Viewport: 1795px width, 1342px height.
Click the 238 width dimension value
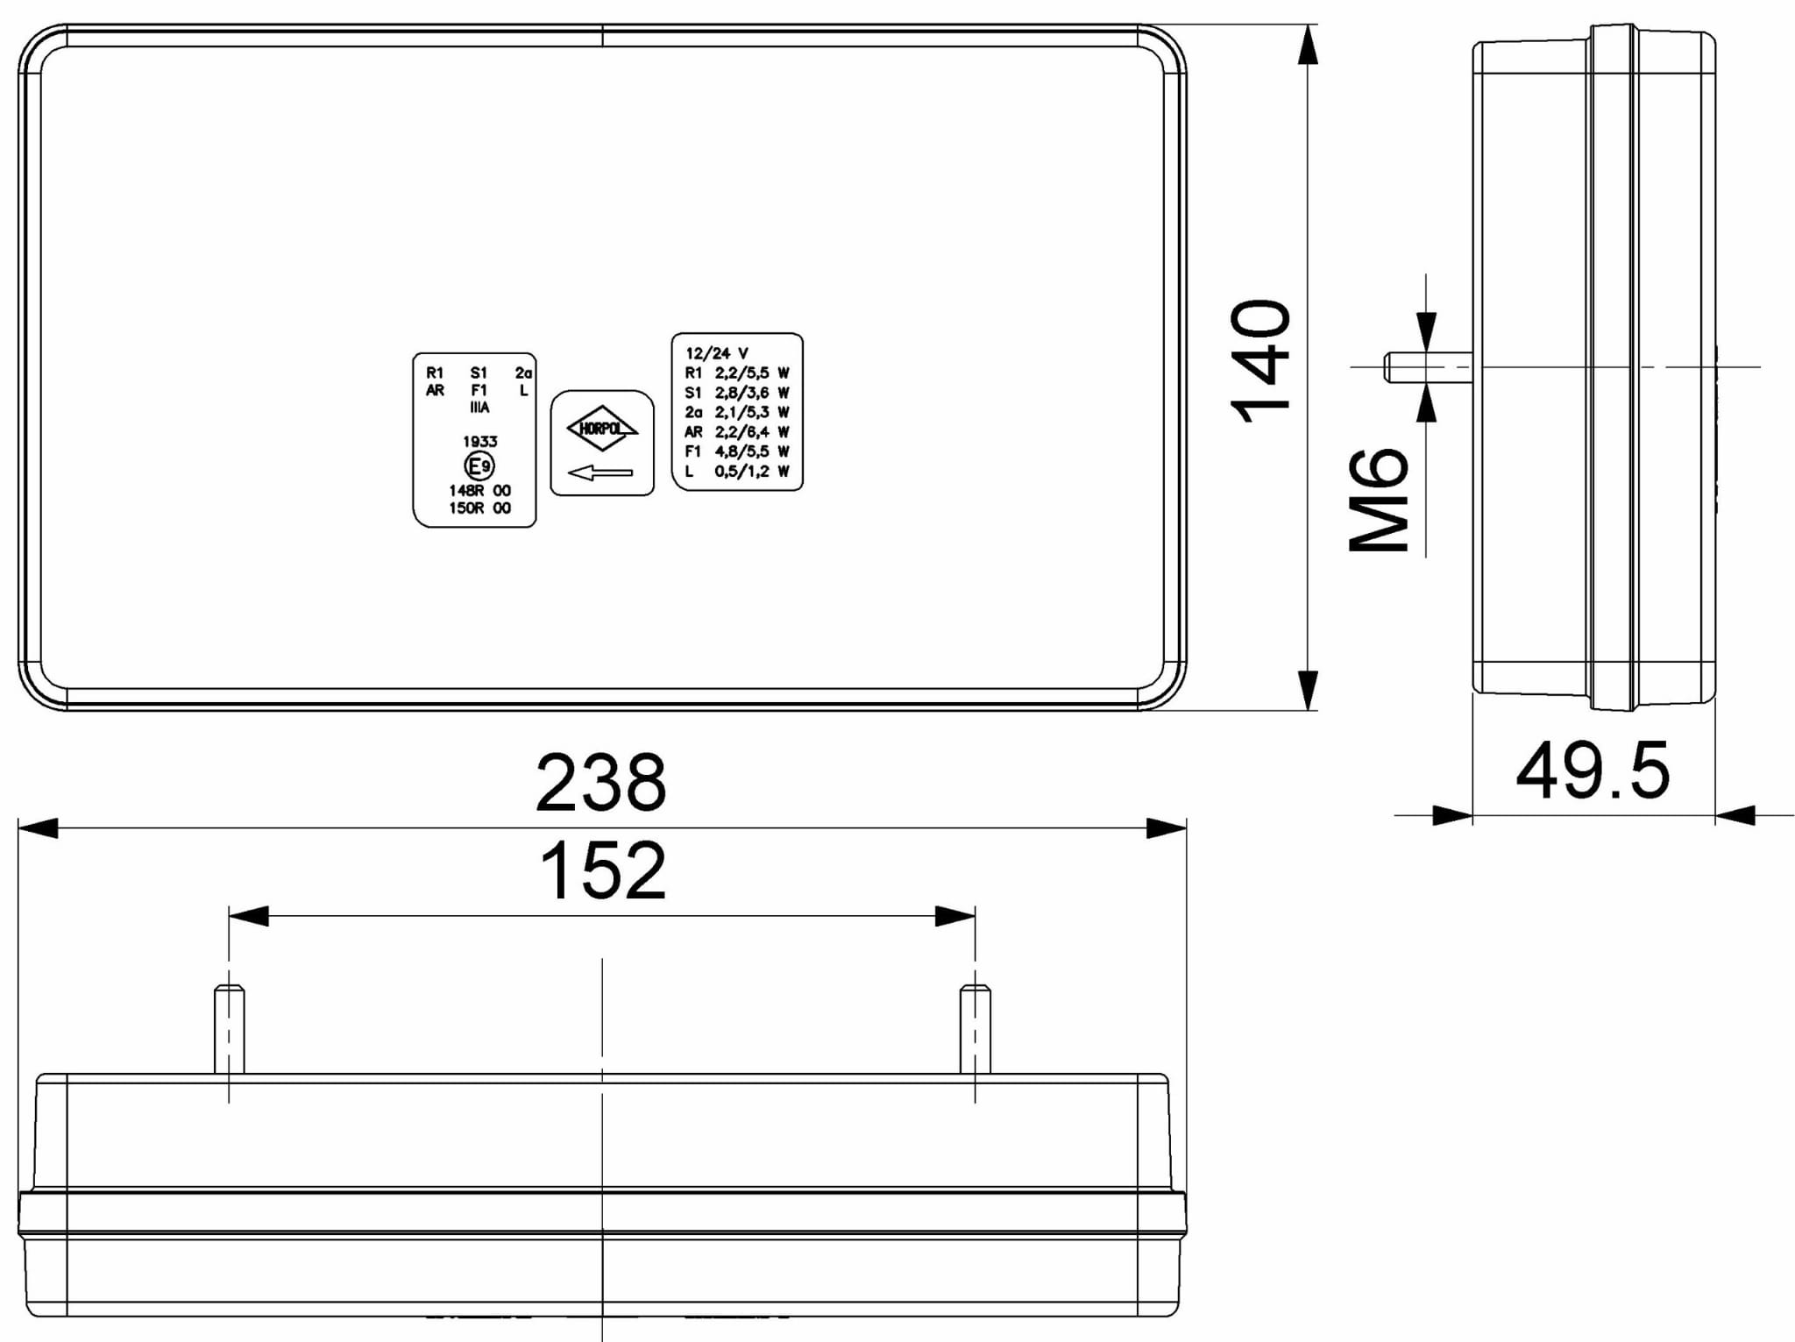pos(601,782)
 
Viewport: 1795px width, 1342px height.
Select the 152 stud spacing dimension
pos(603,870)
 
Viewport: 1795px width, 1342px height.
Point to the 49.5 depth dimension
pos(1593,771)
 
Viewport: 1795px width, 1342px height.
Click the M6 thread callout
pos(1379,500)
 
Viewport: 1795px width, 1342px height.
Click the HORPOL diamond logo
pos(602,429)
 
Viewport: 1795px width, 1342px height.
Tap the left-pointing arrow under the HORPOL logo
pos(600,473)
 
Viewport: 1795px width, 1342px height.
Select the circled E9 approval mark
pos(479,465)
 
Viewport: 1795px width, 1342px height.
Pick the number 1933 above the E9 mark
pos(480,442)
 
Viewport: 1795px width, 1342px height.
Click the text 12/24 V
pos(717,353)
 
